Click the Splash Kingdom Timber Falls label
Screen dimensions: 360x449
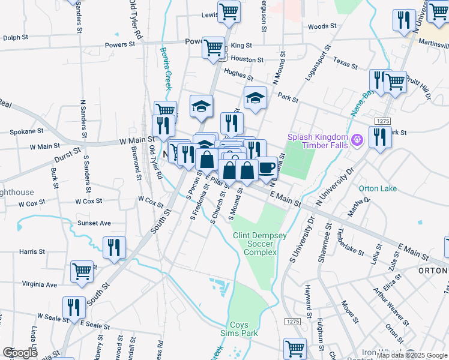319,141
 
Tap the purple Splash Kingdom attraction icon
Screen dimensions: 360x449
357,140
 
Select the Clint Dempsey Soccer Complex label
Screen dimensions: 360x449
255,244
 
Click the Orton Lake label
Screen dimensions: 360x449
378,188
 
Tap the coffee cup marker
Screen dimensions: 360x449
267,168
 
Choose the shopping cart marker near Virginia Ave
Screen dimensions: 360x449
82,271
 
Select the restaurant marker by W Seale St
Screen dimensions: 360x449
74,307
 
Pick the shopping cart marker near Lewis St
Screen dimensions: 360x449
229,11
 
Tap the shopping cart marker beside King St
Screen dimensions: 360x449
213,48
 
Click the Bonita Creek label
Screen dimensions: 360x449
165,67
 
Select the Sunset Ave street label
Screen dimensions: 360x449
94,223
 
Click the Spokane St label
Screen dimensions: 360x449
26,130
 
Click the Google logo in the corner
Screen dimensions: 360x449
20,353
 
